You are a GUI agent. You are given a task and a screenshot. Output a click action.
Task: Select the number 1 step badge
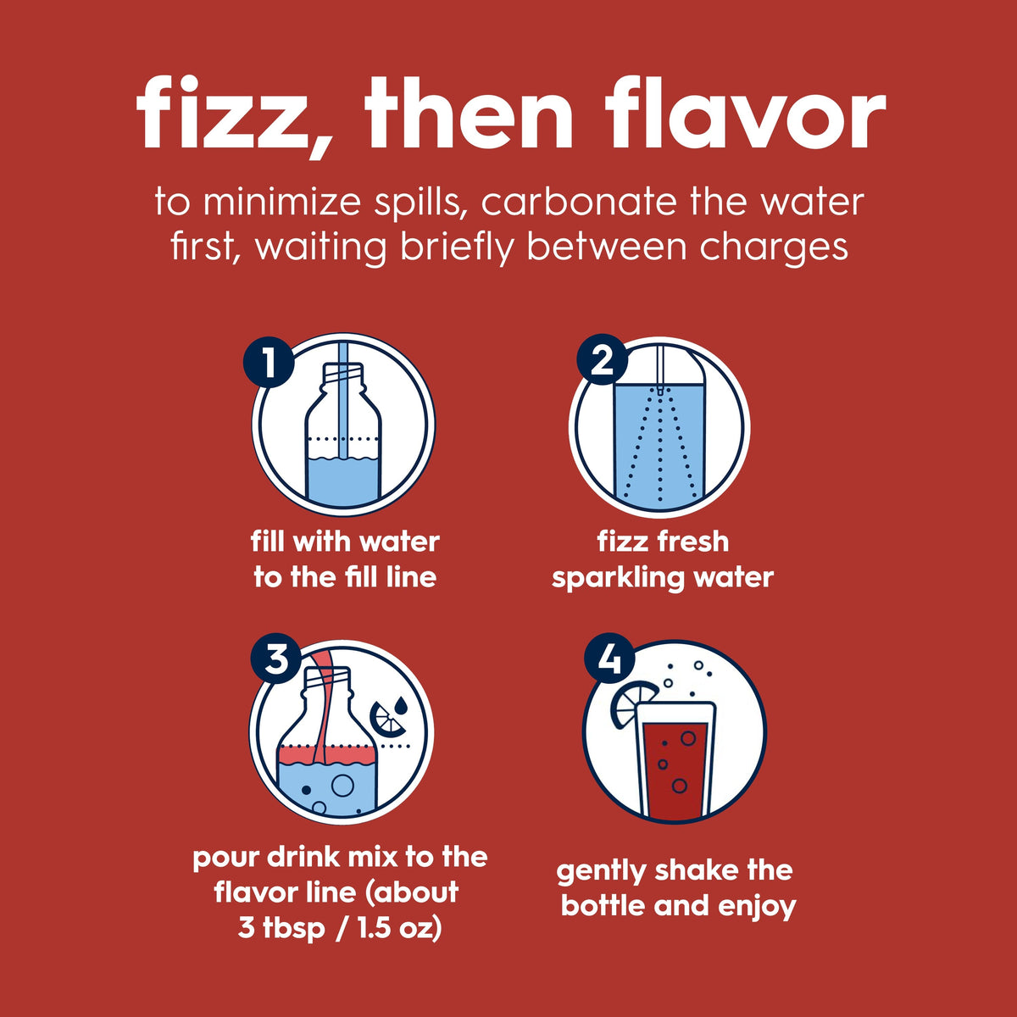(x=269, y=362)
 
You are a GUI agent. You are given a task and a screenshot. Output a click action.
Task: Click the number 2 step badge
(x=603, y=362)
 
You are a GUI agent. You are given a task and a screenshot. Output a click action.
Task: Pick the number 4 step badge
(x=609, y=659)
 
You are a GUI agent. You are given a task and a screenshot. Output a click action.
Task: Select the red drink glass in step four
(x=675, y=762)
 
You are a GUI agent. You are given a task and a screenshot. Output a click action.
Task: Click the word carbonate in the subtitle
(x=580, y=203)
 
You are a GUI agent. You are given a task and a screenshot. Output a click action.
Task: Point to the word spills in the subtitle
(x=422, y=203)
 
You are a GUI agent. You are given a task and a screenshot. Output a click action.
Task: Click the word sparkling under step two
(x=619, y=578)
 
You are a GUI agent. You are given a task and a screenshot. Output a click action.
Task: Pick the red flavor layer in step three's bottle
(x=326, y=755)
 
